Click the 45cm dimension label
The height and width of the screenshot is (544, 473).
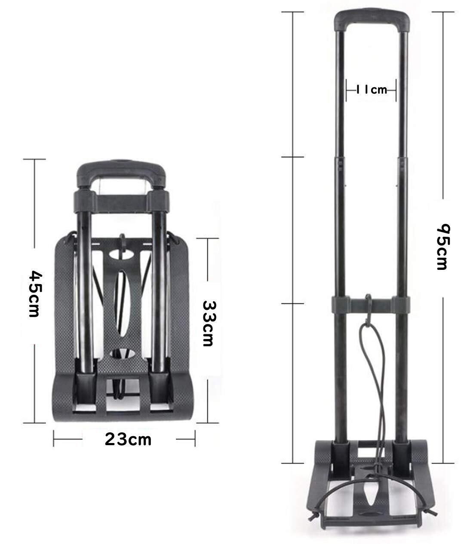[34, 294]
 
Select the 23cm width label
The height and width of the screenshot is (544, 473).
[128, 439]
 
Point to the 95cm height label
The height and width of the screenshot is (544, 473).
[443, 247]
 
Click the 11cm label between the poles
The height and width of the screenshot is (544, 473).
[372, 90]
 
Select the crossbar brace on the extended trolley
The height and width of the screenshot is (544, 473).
[371, 305]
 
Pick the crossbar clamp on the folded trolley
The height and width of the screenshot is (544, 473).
[121, 202]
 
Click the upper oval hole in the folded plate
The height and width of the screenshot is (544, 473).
[121, 254]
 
